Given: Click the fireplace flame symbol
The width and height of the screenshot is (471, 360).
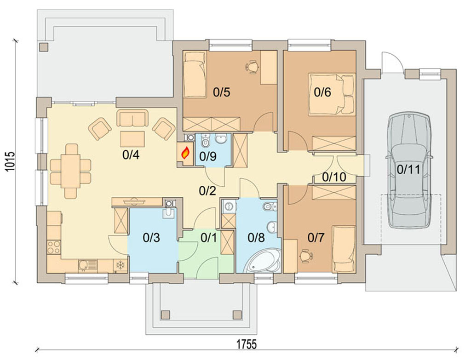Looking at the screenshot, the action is click(185, 154).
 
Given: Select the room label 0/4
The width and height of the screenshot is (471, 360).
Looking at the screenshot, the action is click(131, 155).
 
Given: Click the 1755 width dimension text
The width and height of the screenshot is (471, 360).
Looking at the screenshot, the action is click(247, 344).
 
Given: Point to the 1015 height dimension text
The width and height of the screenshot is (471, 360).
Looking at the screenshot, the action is click(10, 161).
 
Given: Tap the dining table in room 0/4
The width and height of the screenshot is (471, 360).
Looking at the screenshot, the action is click(70, 171).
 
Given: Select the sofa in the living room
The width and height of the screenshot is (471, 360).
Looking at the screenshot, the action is click(132, 118).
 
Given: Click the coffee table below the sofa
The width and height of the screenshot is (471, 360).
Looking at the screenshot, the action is click(132, 139).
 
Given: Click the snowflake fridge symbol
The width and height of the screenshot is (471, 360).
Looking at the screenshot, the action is click(121, 265).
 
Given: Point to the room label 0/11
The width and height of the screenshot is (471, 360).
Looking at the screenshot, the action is click(408, 170).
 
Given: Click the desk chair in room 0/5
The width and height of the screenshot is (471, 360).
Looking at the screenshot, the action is click(252, 67).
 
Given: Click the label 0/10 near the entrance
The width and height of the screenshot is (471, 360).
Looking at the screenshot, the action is click(334, 177).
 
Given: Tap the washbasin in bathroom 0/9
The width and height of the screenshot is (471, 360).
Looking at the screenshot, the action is click(221, 139).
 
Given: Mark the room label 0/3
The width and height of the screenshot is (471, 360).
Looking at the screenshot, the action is click(151, 238).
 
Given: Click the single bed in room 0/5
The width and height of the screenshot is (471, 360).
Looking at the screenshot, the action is click(195, 74).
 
